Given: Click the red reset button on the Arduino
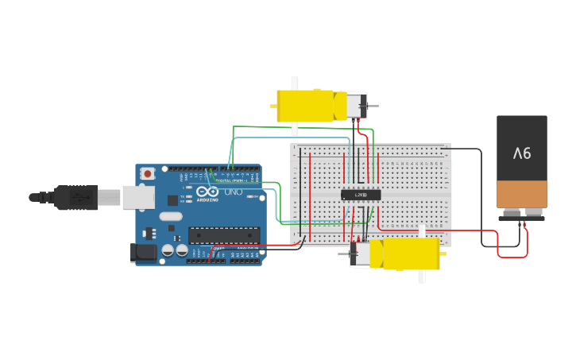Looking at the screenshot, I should [x=147, y=173].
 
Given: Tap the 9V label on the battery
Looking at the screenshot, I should [x=521, y=153].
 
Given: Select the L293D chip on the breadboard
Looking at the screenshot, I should [x=361, y=195].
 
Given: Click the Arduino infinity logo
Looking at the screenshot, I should [x=207, y=192].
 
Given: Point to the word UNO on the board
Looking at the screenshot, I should [x=233, y=192].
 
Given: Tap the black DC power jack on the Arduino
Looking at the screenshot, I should [x=144, y=254].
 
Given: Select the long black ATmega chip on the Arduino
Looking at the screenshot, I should [x=223, y=235].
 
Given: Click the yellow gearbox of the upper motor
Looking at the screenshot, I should [x=305, y=106].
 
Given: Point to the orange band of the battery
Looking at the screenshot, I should [x=522, y=193].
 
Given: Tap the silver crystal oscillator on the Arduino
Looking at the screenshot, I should [x=170, y=216].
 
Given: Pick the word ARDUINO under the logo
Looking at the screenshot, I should [x=208, y=200].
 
